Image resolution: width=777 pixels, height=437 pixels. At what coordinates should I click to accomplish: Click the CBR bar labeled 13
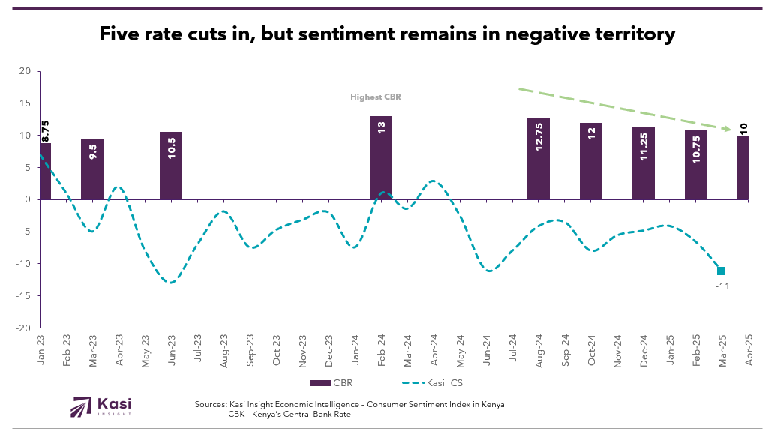(x=381, y=157)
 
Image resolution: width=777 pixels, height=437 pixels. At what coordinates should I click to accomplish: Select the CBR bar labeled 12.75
(x=538, y=158)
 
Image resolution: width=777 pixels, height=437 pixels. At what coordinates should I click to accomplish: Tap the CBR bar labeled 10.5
(x=171, y=166)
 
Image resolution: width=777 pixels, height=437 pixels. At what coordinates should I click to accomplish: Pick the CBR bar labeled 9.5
(x=92, y=169)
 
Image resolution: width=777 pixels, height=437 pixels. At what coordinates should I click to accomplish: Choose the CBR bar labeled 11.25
(x=643, y=163)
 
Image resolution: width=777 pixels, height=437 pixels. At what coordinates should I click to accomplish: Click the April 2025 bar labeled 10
(x=742, y=167)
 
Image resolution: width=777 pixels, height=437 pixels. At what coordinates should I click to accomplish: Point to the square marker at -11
(x=721, y=271)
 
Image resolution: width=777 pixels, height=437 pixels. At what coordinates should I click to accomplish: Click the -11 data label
(x=722, y=286)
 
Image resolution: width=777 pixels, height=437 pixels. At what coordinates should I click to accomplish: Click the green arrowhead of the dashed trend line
(x=727, y=130)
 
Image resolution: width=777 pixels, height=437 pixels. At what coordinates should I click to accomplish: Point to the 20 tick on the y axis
(x=25, y=71)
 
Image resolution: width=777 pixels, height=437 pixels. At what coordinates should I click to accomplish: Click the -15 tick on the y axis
(x=22, y=296)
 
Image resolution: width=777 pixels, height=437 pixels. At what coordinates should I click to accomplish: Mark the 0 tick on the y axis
(x=27, y=199)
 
